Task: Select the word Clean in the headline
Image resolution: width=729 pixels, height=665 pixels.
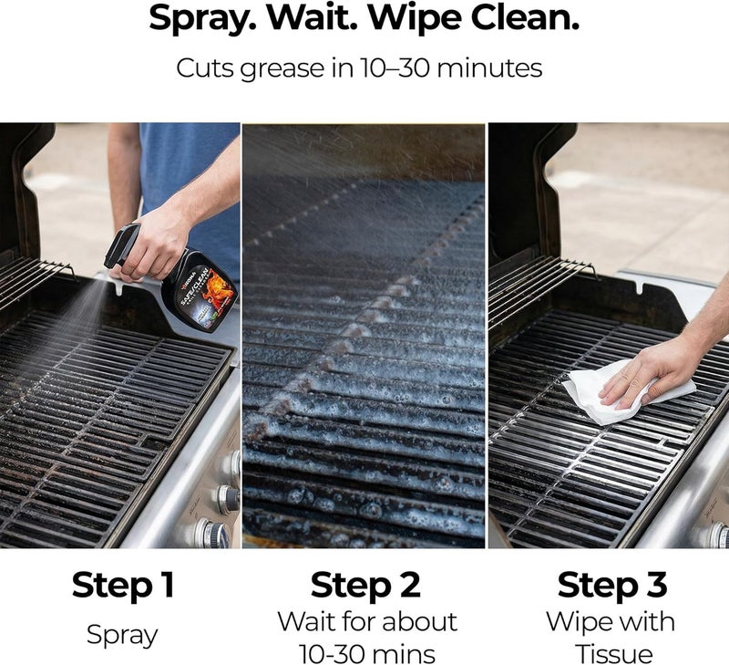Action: click(x=525, y=16)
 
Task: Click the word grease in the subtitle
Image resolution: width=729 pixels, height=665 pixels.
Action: click(x=282, y=69)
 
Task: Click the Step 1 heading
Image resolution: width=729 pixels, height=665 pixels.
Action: click(x=123, y=585)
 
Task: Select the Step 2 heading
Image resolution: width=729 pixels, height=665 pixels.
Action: click(x=366, y=585)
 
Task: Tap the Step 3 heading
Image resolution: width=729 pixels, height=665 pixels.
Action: click(x=612, y=585)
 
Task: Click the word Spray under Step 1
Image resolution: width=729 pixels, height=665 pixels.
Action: click(x=122, y=635)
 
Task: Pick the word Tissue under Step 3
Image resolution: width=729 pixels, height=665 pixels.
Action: click(x=613, y=653)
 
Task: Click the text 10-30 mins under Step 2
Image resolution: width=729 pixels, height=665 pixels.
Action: click(x=367, y=654)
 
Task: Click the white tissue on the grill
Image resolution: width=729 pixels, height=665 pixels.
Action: click(x=619, y=392)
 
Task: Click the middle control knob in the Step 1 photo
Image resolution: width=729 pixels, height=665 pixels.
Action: click(x=226, y=499)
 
